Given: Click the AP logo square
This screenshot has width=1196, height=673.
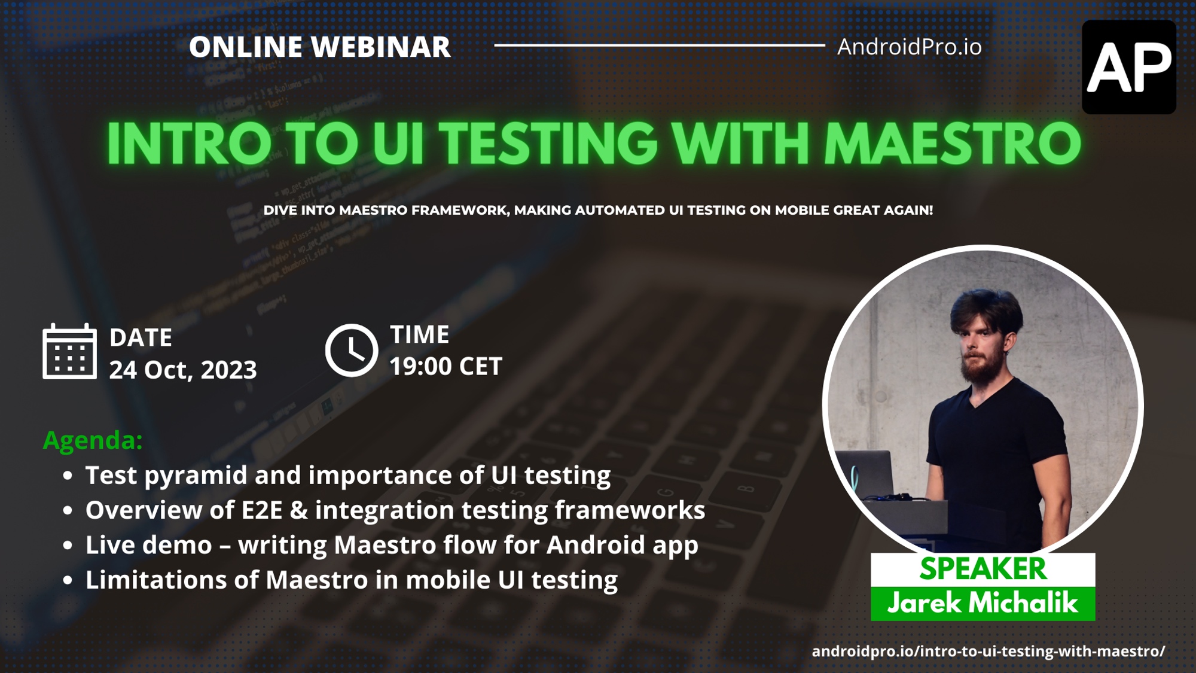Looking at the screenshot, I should pos(1129,67).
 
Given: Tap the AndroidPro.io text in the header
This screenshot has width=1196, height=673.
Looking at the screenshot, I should pos(909,47).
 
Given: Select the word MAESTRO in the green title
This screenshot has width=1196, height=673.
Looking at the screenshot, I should pos(953,144).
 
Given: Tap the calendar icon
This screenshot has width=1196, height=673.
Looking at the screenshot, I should pos(69,352).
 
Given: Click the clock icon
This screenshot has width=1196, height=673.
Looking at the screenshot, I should pos(352,351).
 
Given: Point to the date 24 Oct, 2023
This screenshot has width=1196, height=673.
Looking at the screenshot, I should pos(183,370).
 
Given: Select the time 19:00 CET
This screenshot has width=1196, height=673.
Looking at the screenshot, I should pos(446,367).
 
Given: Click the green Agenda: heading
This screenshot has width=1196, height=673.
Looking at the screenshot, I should pos(93,440).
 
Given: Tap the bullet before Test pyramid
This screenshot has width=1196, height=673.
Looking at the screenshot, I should pos(68,476).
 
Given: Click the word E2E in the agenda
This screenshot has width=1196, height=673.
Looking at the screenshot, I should pos(262,510).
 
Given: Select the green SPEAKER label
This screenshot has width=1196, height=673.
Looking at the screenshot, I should pos(983,569).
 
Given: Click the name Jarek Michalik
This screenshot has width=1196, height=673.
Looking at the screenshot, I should pos(983,603).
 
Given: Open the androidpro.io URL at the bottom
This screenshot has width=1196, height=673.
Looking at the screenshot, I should pos(988,651).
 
